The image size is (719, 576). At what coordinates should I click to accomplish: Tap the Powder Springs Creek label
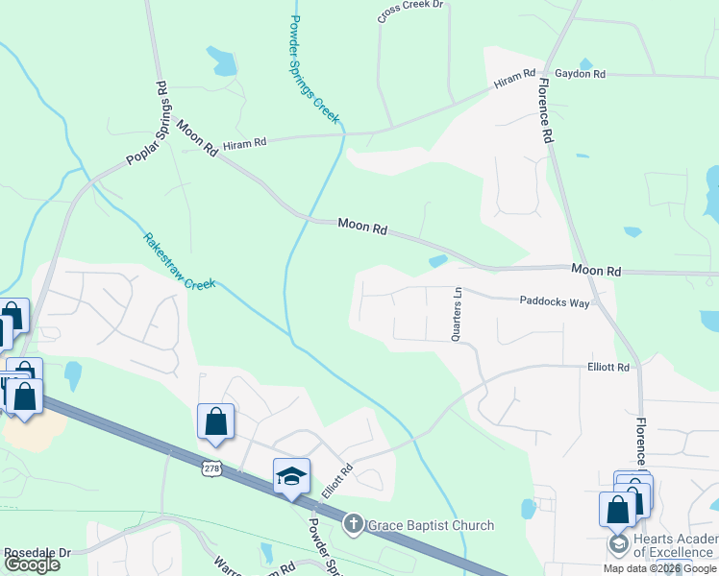(313, 67)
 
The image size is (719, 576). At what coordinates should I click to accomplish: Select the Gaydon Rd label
(580, 74)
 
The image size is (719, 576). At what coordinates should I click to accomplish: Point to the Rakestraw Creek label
(180, 261)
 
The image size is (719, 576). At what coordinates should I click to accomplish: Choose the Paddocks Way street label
(555, 300)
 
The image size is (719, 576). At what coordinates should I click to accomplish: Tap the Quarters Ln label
(458, 313)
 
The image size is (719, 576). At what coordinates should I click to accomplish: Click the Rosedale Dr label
(37, 554)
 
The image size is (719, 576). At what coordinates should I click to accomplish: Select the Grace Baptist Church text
(430, 525)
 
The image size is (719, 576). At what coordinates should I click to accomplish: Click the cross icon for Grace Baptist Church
(353, 525)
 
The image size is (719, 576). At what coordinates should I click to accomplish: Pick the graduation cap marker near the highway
(291, 476)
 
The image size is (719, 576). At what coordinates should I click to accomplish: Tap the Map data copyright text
(659, 568)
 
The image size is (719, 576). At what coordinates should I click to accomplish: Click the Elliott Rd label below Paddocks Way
(607, 367)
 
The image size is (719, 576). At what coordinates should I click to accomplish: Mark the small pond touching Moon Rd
(438, 261)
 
